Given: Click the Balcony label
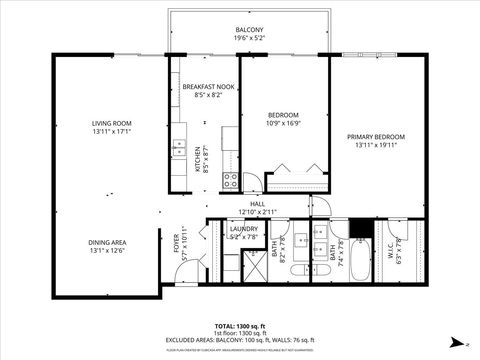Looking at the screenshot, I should (x=249, y=30).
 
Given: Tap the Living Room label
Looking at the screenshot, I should (x=111, y=123).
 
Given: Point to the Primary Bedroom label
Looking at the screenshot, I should (x=375, y=136).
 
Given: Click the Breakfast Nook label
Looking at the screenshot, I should (x=208, y=87).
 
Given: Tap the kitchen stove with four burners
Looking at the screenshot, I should (x=230, y=181).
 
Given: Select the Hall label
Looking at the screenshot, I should (x=257, y=203).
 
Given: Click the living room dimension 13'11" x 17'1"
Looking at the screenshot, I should (x=111, y=130).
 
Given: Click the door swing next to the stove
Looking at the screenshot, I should (x=252, y=183).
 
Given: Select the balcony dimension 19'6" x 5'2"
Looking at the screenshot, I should (x=249, y=39).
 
